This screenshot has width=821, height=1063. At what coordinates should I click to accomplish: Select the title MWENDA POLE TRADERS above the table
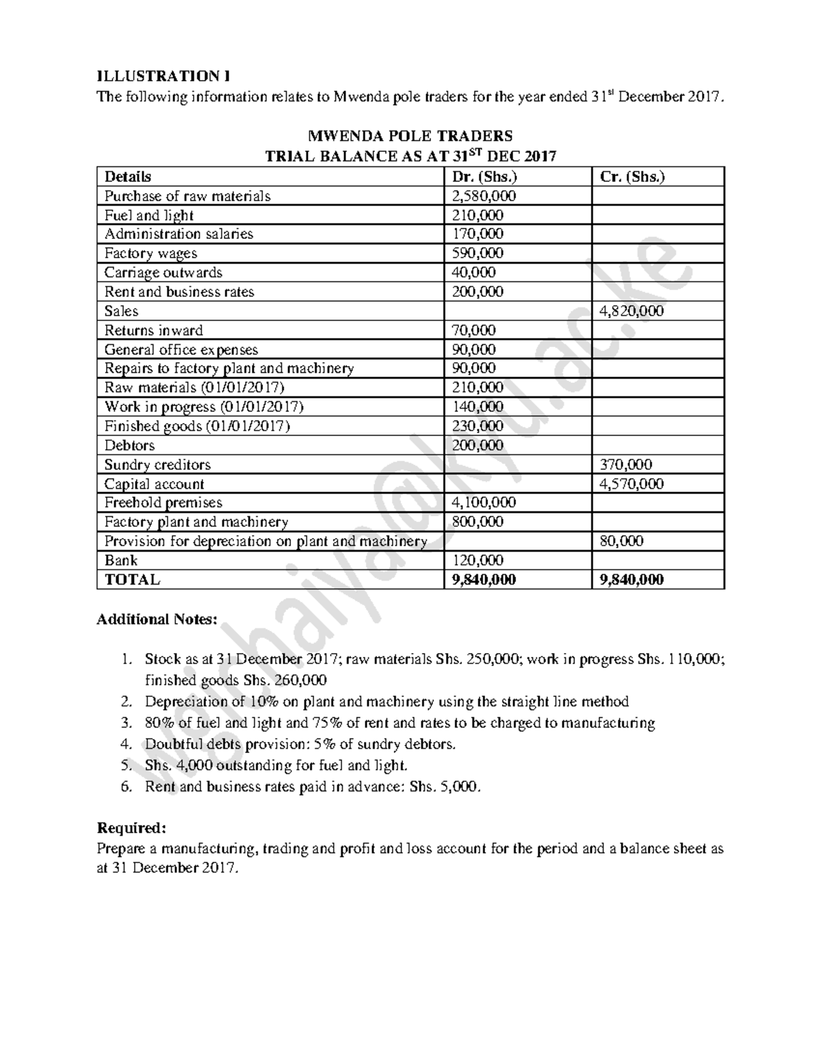[x=410, y=136]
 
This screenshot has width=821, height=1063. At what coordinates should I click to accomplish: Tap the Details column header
[x=128, y=177]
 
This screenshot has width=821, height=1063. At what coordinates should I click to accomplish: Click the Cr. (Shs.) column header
[x=632, y=177]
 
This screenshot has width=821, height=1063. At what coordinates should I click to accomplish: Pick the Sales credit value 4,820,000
[x=631, y=311]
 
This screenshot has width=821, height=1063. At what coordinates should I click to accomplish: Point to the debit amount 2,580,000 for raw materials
[x=484, y=196]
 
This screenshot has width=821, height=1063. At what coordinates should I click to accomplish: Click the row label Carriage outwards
[x=163, y=272]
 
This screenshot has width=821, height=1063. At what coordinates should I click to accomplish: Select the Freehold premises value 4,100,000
[x=484, y=502]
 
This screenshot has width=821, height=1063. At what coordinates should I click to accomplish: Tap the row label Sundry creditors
[x=157, y=465]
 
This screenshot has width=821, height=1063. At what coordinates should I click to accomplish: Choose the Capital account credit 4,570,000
[x=631, y=484]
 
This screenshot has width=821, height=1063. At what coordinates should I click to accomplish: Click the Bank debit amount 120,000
[x=477, y=560]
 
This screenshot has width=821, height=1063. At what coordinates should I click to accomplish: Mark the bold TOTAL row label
[x=132, y=580]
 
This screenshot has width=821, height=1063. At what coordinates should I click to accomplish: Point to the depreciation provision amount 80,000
[x=621, y=541]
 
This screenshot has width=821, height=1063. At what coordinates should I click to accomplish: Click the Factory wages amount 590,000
[x=477, y=253]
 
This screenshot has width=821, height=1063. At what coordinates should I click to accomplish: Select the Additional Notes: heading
[x=157, y=619]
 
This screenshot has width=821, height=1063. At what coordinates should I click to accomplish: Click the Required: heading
[x=131, y=828]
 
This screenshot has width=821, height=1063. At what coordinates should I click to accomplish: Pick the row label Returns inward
[x=153, y=330]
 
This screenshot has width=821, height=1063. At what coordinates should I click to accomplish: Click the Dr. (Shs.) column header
[x=484, y=177]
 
